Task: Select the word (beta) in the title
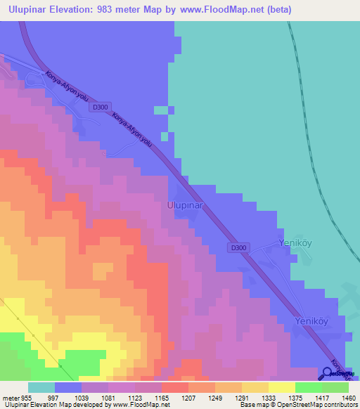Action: tap(276, 10)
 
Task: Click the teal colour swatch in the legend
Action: tap(41, 387)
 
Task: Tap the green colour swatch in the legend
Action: tap(308, 387)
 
